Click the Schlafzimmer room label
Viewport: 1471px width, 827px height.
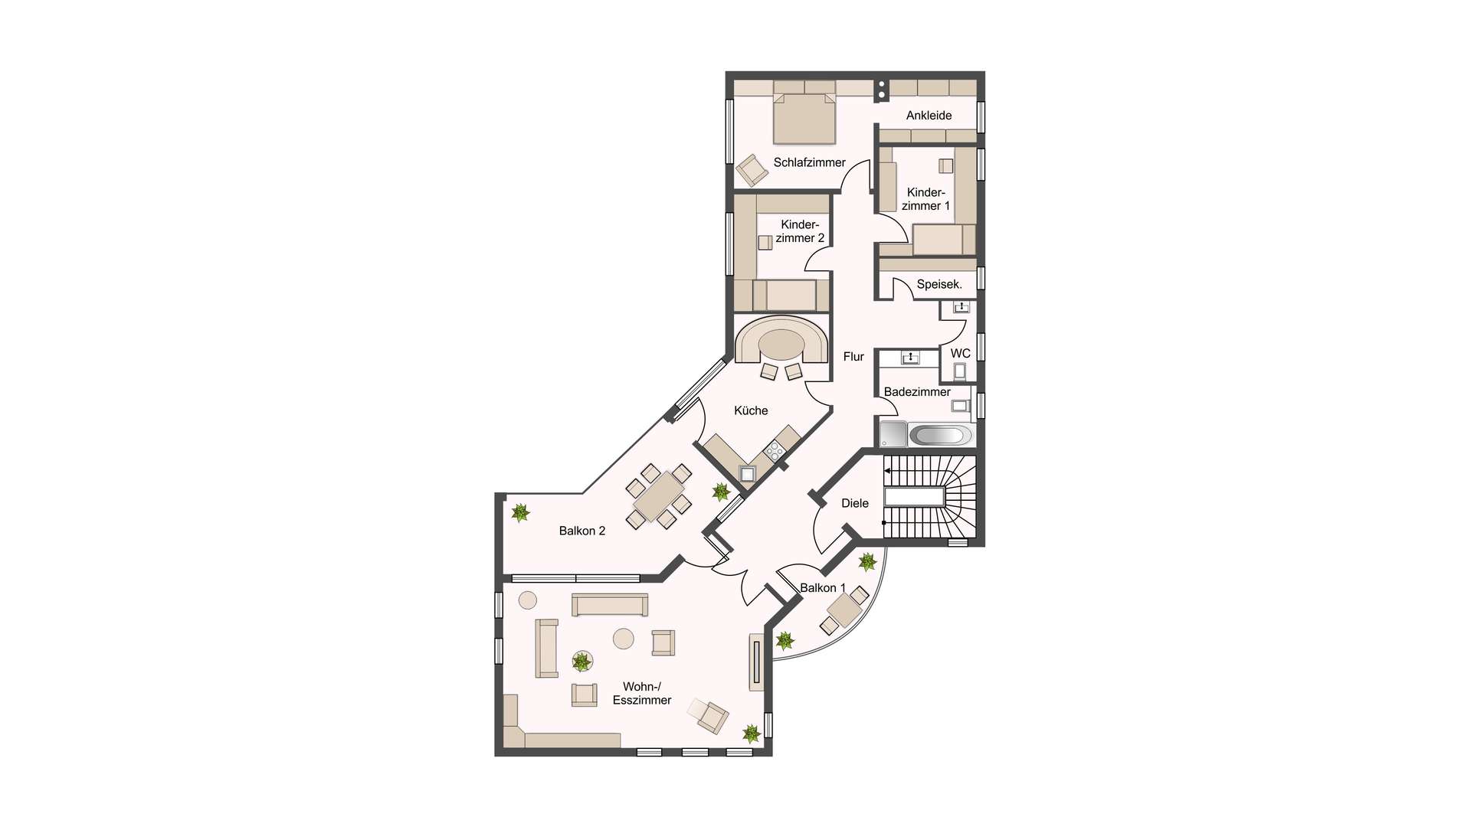click(x=809, y=162)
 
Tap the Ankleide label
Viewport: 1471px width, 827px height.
click(x=929, y=116)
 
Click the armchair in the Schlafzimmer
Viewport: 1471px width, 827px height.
click(x=752, y=169)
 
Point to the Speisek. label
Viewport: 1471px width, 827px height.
click(x=939, y=284)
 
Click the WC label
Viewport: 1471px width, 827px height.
click(x=960, y=353)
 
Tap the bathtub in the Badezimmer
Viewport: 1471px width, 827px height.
click(x=941, y=435)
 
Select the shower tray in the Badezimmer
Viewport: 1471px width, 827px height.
click(x=893, y=434)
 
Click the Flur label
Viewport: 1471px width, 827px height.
click(x=853, y=356)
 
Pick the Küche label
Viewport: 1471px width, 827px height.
click(x=751, y=410)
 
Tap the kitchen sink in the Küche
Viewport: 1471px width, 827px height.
click(x=747, y=474)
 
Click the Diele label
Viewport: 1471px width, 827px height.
click(x=855, y=503)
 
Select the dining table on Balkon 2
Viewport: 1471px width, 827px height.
click(x=659, y=496)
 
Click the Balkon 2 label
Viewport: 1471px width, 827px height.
click(x=582, y=531)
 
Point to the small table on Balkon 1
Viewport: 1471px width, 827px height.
click(x=844, y=610)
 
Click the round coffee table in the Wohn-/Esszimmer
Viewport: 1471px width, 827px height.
click(x=624, y=639)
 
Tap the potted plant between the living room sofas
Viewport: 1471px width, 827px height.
click(x=582, y=661)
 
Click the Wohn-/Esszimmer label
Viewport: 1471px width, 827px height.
click(x=642, y=693)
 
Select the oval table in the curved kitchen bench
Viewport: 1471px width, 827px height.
click(x=781, y=345)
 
